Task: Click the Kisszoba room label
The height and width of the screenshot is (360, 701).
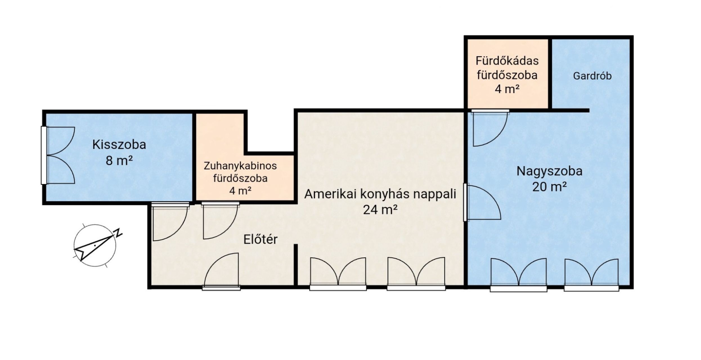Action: point(119,145)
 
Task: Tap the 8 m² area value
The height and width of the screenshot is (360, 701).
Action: point(119,161)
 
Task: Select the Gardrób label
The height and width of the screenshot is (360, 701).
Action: point(592,76)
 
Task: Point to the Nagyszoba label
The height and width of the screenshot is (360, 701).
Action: point(549,171)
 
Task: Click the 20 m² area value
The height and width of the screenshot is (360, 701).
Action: point(549,186)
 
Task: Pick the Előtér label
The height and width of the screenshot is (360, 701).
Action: point(260,239)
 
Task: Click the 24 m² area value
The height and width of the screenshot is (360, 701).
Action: point(380,210)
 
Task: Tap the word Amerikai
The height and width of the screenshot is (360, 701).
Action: point(329,194)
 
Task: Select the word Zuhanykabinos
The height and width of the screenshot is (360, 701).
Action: point(240,166)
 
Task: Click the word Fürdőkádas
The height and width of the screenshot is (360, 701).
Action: point(507,61)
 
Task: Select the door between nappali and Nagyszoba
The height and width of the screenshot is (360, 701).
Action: point(482,202)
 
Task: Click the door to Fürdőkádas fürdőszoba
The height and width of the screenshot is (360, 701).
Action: point(490,128)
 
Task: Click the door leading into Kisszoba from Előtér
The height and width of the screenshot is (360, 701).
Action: point(170,222)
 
